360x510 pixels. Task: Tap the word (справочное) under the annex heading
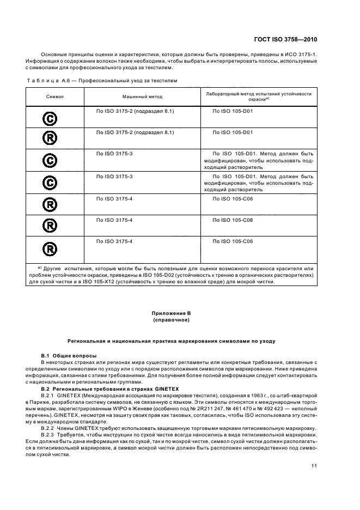point(172,320)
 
